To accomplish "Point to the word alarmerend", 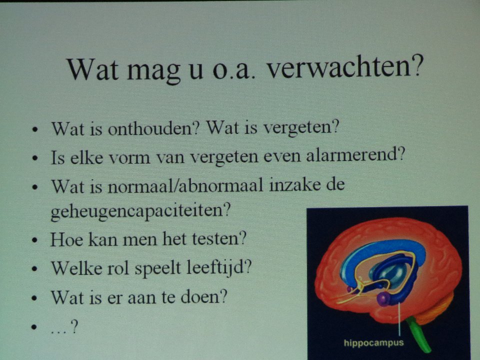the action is tap(355, 154).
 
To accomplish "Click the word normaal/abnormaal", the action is tap(185, 185).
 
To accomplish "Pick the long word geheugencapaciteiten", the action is tap(140, 211).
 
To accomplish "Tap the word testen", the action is tap(219, 239).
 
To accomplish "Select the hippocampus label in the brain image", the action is tap(374, 342).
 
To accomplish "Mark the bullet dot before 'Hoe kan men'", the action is tap(35, 240).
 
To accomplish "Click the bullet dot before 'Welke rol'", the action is tap(35, 269).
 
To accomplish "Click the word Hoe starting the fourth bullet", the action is tap(66, 239).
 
